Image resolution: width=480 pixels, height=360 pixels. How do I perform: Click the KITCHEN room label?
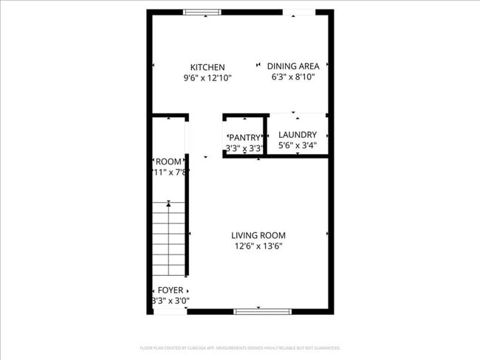208,67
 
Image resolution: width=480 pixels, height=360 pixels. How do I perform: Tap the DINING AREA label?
293,66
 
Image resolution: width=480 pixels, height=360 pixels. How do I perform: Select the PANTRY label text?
244,137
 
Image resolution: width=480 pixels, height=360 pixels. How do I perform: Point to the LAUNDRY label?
298,134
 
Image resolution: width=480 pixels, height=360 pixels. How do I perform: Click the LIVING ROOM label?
258,235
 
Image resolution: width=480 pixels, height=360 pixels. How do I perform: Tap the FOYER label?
171,290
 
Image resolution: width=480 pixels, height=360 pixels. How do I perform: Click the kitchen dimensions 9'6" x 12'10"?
208,77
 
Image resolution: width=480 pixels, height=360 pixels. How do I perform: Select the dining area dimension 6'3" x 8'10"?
293,76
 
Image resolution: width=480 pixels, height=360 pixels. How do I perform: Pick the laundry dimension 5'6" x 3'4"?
298,145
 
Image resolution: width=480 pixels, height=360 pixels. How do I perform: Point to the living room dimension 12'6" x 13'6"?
258,246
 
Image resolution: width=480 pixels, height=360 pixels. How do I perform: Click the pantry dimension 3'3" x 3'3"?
244,148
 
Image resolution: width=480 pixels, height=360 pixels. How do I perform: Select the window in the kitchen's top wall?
202,12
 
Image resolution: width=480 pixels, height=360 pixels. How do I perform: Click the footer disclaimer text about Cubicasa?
240,347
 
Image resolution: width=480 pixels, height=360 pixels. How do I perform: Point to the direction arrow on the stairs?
169,203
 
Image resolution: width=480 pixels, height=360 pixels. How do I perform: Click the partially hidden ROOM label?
168,162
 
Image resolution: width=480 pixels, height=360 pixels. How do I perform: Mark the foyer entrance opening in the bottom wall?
170,311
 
